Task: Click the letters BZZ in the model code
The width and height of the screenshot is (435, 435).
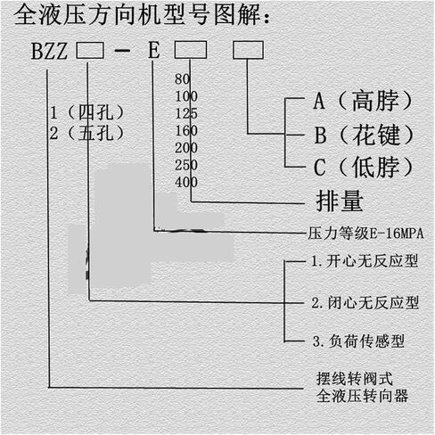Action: click(x=49, y=51)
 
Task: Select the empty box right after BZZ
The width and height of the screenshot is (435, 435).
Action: click(x=90, y=50)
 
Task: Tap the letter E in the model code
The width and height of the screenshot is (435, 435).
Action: click(x=154, y=50)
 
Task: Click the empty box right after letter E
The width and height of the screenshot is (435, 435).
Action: click(x=191, y=50)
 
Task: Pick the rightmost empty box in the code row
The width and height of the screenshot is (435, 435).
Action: click(x=248, y=50)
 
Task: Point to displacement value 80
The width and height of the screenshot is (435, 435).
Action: click(x=182, y=79)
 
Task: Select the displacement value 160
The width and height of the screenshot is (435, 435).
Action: click(x=186, y=131)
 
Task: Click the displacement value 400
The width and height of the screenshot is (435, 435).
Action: click(x=186, y=182)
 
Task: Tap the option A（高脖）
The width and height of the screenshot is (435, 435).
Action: click(x=363, y=101)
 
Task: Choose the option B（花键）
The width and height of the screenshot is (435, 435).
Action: click(x=364, y=135)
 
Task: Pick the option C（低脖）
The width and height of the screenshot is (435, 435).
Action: click(x=363, y=167)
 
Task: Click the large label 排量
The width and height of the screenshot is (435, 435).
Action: click(x=340, y=201)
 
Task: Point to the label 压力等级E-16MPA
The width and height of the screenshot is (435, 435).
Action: click(x=365, y=234)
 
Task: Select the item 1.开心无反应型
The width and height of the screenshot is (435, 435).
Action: click(x=365, y=261)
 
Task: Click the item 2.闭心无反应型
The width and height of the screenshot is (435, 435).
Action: click(x=365, y=303)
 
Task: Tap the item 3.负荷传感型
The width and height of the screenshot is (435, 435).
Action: click(x=358, y=341)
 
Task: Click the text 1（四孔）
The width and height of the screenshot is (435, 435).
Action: click(x=86, y=113)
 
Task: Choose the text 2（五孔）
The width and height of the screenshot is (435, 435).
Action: click(x=86, y=134)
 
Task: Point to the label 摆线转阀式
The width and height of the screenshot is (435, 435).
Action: click(x=355, y=379)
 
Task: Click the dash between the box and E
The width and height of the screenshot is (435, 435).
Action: click(x=122, y=51)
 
